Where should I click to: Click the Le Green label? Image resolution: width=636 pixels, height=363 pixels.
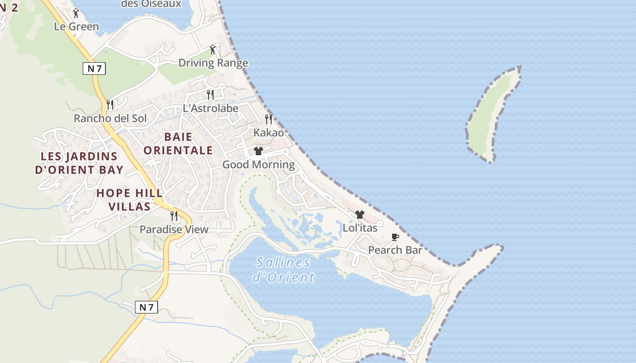(x=76, y=27)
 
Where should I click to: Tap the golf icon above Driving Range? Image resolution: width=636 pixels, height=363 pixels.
(x=213, y=49)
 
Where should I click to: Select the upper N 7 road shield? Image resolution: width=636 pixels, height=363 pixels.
(x=94, y=69)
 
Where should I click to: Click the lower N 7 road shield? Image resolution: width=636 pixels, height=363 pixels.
(x=146, y=307)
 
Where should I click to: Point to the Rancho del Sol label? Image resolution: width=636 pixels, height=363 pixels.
(x=110, y=118)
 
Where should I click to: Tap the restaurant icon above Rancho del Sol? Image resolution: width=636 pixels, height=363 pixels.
(x=109, y=104)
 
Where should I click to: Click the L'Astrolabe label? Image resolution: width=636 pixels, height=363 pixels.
(x=210, y=108)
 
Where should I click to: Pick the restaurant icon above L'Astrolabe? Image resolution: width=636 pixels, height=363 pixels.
(x=210, y=94)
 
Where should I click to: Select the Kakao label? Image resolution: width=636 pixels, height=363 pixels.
(x=268, y=133)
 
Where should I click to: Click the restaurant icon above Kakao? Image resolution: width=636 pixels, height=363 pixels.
(x=268, y=119)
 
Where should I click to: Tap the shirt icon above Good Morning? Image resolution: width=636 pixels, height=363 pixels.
(x=258, y=151)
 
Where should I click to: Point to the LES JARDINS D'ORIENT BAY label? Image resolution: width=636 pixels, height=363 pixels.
(x=79, y=163)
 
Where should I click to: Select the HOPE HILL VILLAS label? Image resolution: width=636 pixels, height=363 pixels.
(x=129, y=200)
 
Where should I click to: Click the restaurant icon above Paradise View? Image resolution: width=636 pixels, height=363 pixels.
(x=174, y=216)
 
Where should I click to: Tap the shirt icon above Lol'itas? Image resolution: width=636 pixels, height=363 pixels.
(x=360, y=214)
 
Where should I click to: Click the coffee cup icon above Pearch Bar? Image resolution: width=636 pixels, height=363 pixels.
(x=395, y=237)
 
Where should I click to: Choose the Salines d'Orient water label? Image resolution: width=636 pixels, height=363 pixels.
(x=283, y=270)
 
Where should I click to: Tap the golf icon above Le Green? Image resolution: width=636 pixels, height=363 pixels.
(x=76, y=13)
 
